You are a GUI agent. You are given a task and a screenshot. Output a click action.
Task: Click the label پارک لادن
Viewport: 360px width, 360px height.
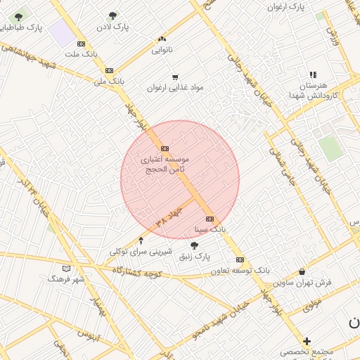pyautogui.click(x=113, y=27)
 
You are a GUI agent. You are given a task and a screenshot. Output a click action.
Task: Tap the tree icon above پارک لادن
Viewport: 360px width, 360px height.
pyautogui.click(x=113, y=15)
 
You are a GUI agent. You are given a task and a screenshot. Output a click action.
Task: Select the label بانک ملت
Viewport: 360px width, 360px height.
pyautogui.click(x=82, y=53)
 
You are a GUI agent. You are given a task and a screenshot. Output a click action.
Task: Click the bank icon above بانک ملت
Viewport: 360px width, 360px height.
pyautogui.click(x=82, y=44)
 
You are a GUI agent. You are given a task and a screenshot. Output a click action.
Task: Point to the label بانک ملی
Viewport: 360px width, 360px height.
pyautogui.click(x=109, y=81)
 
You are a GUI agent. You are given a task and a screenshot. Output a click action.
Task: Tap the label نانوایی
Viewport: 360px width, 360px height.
pyautogui.click(x=162, y=50)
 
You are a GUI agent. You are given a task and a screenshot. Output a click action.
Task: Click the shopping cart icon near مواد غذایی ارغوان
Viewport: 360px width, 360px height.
pyautogui.click(x=174, y=77)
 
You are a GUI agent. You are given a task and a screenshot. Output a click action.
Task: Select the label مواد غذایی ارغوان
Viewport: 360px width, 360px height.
pyautogui.click(x=174, y=88)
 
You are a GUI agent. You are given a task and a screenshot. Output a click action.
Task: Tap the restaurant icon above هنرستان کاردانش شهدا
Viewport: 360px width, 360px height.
pyautogui.click(x=313, y=74)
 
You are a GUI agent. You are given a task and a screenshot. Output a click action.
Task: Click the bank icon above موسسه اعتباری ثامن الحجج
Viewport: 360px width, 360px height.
pyautogui.click(x=165, y=148)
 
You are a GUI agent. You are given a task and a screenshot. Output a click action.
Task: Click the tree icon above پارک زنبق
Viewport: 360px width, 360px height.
pyautogui.click(x=194, y=245)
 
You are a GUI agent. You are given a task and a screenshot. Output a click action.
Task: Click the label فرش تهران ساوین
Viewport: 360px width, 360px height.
pyautogui.click(x=302, y=283)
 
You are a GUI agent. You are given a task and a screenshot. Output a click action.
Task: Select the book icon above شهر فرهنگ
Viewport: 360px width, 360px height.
pyautogui.click(x=67, y=269)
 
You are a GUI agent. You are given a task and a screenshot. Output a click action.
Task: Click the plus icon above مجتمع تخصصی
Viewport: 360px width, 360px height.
pyautogui.click(x=307, y=341)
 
